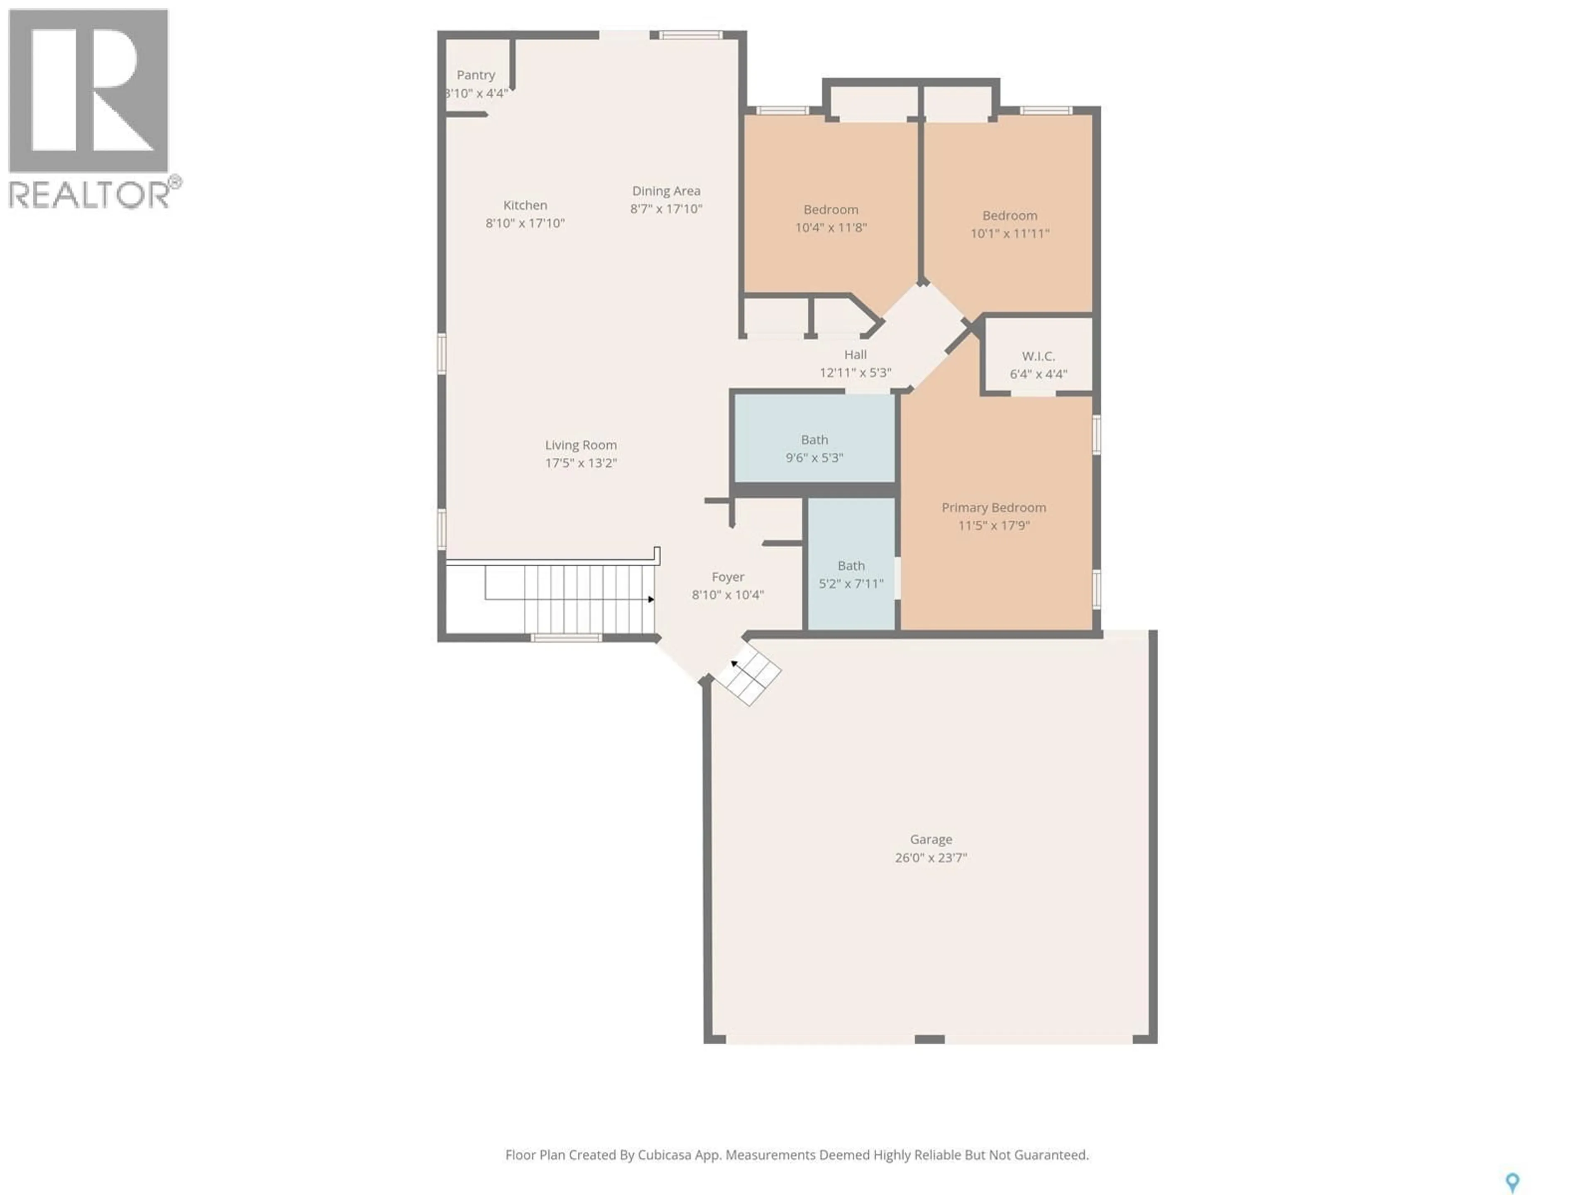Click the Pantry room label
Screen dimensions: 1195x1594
pos(476,75)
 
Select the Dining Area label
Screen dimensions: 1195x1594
pos(666,191)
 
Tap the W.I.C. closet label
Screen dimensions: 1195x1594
pos(1038,356)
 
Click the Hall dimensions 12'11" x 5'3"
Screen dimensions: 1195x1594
pos(856,373)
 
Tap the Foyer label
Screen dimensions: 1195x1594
pos(727,577)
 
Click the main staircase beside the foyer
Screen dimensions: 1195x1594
pos(569,599)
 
